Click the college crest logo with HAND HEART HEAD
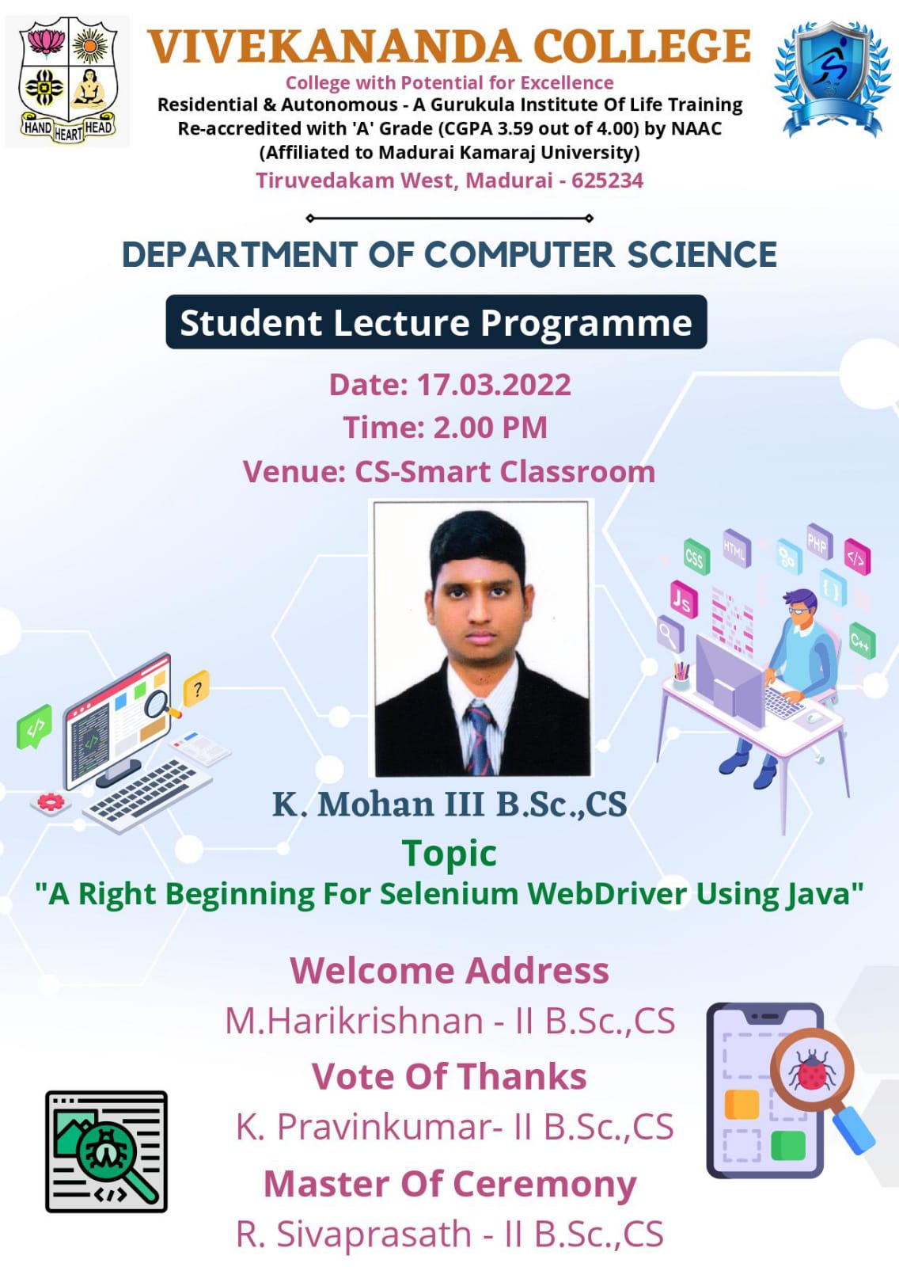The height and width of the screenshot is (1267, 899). (68, 81)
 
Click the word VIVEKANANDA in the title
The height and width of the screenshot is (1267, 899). (334, 47)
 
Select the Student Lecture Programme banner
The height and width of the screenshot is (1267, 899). (436, 322)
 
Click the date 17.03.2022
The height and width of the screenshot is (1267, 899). (494, 385)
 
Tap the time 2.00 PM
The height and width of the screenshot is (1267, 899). (491, 428)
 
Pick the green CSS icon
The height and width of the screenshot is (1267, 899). (696, 557)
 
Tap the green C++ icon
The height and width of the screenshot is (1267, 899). (862, 641)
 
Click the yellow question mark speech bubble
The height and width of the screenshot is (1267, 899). (197, 688)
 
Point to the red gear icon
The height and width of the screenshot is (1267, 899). (51, 802)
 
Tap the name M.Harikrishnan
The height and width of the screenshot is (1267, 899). (355, 1021)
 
